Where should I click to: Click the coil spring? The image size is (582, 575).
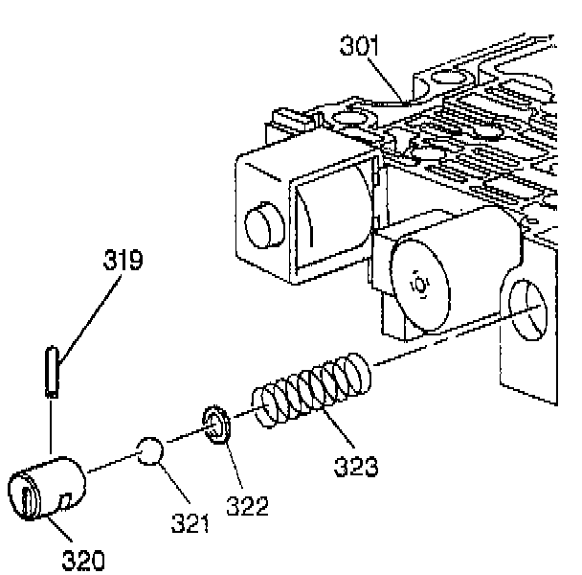(x=311, y=391)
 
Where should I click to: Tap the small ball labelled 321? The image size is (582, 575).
(x=151, y=451)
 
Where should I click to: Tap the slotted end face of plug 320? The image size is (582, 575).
(x=28, y=497)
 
